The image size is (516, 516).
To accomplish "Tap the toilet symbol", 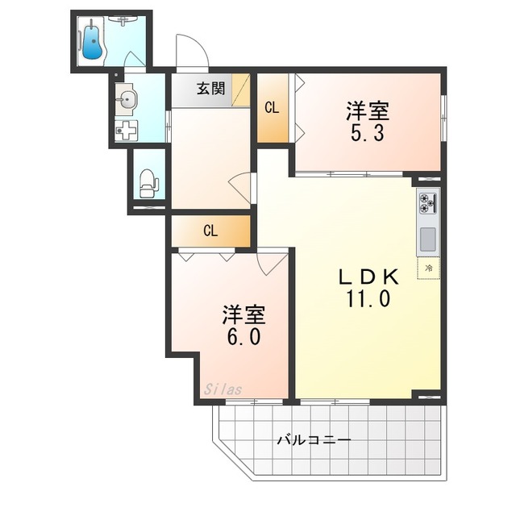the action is (148, 184).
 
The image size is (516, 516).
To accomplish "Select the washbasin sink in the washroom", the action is (127, 98).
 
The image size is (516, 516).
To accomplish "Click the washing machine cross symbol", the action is (127, 131).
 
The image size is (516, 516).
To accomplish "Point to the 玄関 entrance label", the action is (211, 88).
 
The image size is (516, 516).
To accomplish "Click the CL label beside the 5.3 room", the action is (273, 108).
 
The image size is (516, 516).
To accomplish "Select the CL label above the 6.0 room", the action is (210, 231).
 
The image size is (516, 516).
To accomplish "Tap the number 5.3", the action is (368, 134).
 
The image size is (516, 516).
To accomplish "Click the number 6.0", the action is (244, 337).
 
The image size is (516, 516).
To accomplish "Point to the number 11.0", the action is (368, 299).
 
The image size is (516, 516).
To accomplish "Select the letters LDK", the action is (369, 277).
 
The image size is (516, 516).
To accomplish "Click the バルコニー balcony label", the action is (314, 439).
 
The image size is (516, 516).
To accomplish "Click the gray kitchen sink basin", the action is (428, 239).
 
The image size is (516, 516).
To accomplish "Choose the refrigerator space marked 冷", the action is (428, 268).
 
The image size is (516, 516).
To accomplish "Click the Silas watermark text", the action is (223, 389).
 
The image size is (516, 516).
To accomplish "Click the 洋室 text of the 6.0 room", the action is (243, 315).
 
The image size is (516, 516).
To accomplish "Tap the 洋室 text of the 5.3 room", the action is (368, 111).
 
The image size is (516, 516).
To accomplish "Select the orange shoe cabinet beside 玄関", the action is (240, 89).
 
